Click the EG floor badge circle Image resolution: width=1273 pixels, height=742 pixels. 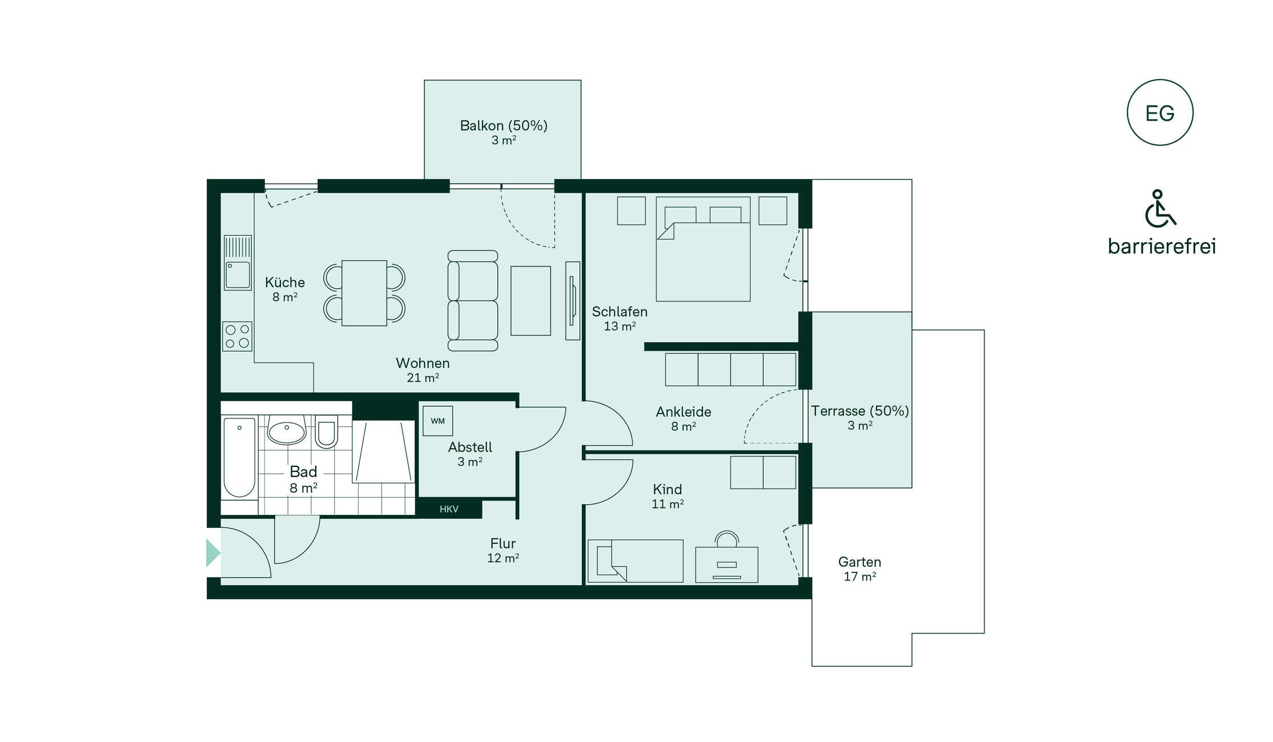[1159, 80]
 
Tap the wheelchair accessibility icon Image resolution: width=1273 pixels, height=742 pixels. [1159, 209]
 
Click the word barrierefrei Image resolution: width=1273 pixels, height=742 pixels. [1162, 246]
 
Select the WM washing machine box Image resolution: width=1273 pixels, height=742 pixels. [437, 421]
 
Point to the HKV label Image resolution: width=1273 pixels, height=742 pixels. [449, 509]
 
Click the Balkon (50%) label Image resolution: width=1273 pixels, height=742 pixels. [504, 126]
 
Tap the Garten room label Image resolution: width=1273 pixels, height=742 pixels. [860, 562]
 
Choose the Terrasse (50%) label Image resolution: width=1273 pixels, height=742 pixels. [860, 411]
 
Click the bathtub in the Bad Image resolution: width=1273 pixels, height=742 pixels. [239, 457]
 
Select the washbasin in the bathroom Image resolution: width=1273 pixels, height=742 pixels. [287, 432]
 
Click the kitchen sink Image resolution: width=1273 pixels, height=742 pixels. [238, 263]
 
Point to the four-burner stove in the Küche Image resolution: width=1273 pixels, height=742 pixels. [237, 336]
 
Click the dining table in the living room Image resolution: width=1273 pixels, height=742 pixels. [364, 293]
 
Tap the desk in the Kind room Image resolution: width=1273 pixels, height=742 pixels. [726, 564]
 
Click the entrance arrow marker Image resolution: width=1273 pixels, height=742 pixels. [213, 553]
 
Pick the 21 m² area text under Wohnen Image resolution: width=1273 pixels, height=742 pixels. [423, 378]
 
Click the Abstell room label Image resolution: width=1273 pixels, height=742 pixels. [470, 447]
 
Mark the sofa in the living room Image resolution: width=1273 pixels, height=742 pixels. [473, 300]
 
